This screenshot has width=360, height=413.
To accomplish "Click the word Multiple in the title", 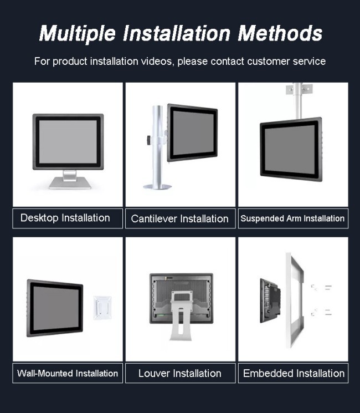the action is (x=78, y=33).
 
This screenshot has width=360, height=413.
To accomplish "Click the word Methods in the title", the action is (x=280, y=33).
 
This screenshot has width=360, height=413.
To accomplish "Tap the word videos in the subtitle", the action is (x=157, y=61).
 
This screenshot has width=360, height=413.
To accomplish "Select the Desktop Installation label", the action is (x=65, y=218).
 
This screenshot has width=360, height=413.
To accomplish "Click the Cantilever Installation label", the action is (x=180, y=218).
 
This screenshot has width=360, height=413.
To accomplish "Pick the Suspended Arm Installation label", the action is (x=292, y=218).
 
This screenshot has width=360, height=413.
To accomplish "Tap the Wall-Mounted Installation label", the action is (x=68, y=373).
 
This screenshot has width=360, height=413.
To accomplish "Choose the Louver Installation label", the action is (x=180, y=373).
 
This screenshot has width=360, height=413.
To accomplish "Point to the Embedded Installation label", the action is (x=294, y=373).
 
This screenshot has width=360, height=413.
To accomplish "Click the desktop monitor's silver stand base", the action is (x=70, y=182).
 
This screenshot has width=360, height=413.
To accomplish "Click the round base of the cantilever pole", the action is (x=157, y=187).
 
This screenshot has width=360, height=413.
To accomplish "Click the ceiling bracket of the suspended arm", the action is (x=299, y=89).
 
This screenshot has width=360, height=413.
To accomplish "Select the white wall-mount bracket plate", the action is (x=102, y=308).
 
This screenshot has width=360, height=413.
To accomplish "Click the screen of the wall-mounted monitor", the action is (x=56, y=308).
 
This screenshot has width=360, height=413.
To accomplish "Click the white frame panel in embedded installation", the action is (x=295, y=300).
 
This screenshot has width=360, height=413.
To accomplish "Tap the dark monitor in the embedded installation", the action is (x=270, y=300).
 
